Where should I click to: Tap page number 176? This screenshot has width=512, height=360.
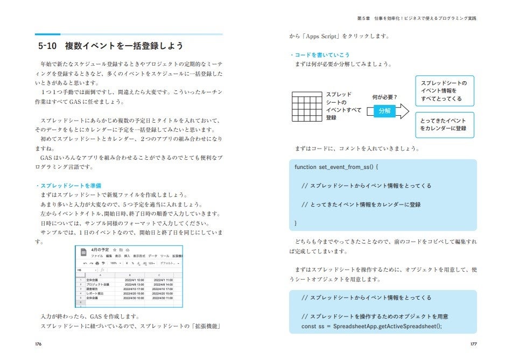point(39,343)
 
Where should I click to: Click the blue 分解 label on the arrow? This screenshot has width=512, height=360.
point(384,111)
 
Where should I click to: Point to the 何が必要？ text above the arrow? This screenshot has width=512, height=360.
point(384,97)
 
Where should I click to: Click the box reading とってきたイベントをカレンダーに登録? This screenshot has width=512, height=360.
point(443,124)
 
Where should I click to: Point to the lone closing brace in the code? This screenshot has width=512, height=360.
point(296,223)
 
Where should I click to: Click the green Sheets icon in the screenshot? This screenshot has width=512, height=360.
point(83,253)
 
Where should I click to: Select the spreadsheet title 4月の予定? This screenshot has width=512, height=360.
point(101,250)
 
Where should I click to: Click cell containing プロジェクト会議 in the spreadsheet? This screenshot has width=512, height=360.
point(98,284)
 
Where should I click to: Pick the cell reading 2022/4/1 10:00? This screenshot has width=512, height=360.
point(134,280)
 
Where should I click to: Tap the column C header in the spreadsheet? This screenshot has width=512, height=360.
point(164,275)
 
